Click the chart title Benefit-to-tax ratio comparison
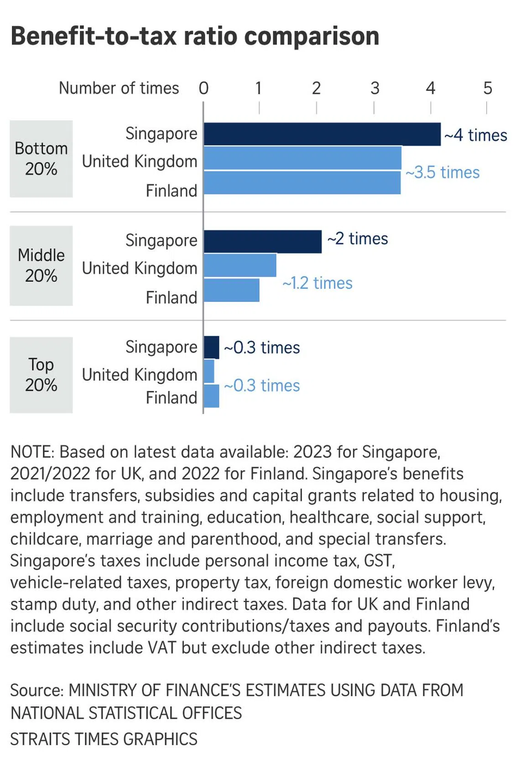(x=195, y=36)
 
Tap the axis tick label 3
(x=374, y=88)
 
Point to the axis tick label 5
(x=488, y=88)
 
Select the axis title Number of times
(x=119, y=88)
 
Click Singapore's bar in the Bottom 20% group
(x=322, y=134)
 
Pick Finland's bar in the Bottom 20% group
(x=302, y=182)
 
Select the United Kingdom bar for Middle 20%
(x=240, y=265)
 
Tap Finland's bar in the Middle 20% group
(x=231, y=290)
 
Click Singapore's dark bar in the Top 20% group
(x=211, y=347)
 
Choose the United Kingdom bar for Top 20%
(x=209, y=371)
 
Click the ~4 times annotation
(x=475, y=135)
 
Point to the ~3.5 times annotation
(x=442, y=172)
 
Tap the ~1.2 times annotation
(x=317, y=283)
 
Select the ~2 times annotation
(x=358, y=239)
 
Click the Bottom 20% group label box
(x=41, y=159)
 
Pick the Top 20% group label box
(x=41, y=375)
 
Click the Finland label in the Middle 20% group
(x=171, y=298)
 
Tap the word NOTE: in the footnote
(x=32, y=452)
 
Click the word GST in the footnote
(x=379, y=561)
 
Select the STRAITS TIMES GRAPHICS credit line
(x=104, y=739)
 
